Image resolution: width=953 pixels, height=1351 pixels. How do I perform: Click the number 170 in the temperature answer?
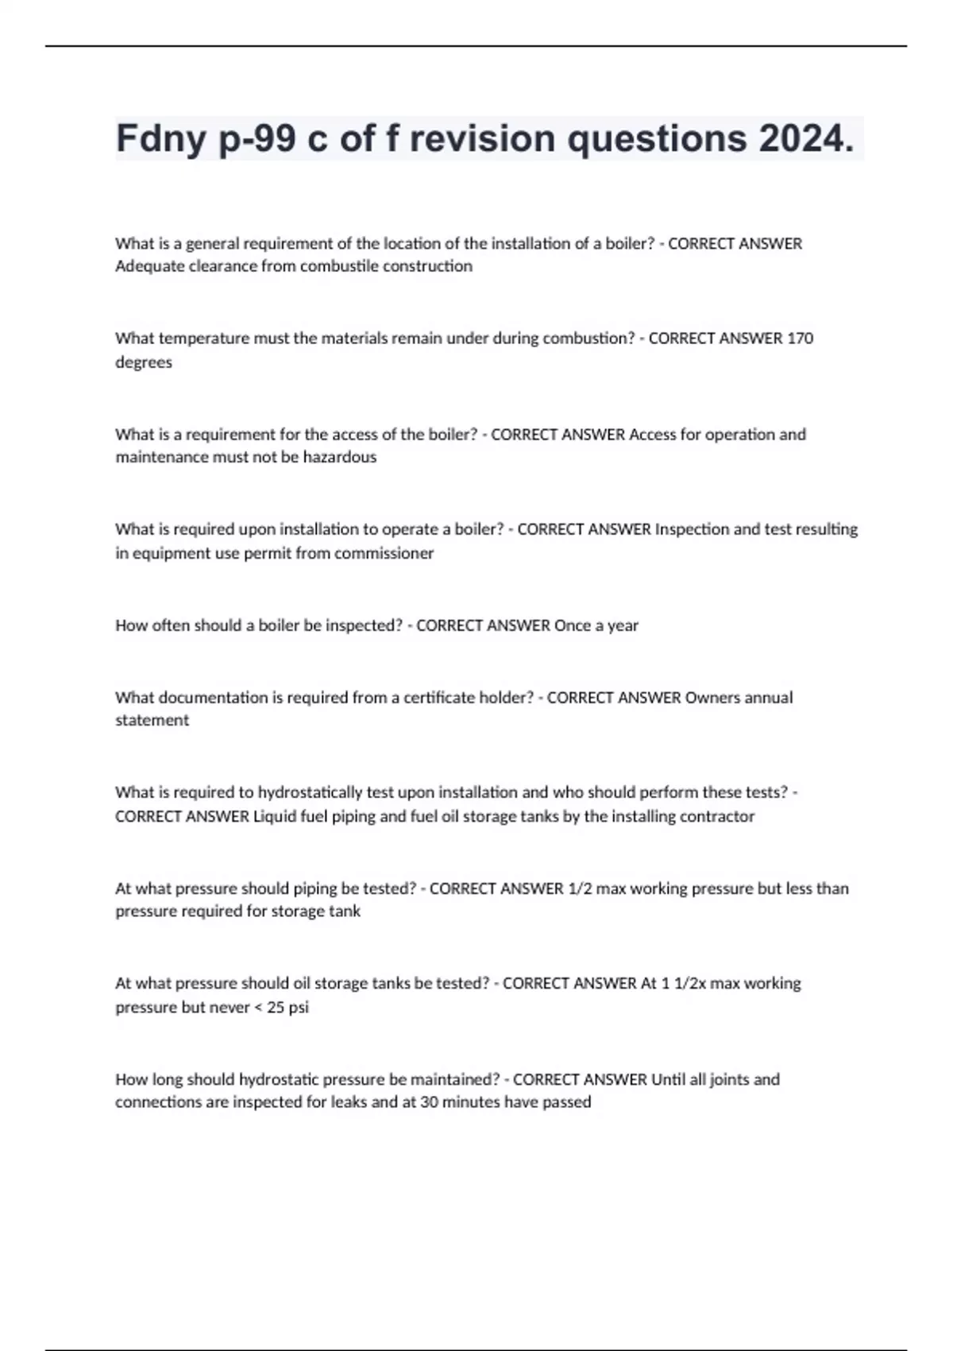(x=800, y=339)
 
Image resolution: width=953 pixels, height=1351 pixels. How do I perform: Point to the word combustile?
(x=338, y=266)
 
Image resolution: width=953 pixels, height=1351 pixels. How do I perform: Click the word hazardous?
(x=339, y=457)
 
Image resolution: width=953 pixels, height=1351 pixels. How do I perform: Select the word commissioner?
(x=384, y=553)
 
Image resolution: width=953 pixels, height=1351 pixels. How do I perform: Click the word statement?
(x=152, y=720)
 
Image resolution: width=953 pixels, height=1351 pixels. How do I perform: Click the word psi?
(x=299, y=1007)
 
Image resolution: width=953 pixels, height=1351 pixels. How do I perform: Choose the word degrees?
(x=143, y=362)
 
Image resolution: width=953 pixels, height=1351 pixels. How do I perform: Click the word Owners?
(x=712, y=698)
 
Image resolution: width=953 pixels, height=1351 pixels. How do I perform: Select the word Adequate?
(x=148, y=266)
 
